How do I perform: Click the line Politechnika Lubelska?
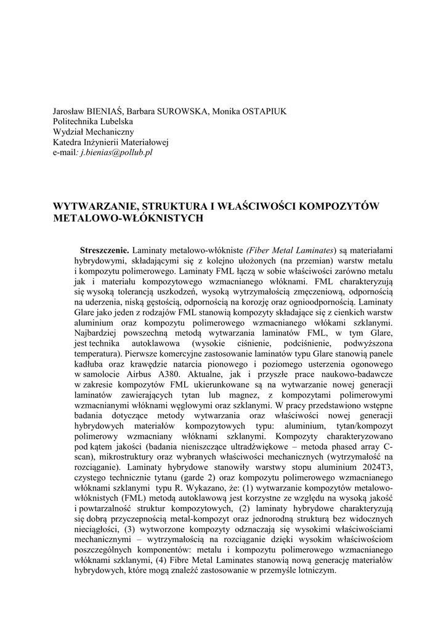tap(93, 122)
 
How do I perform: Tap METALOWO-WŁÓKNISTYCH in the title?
tap(128, 218)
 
